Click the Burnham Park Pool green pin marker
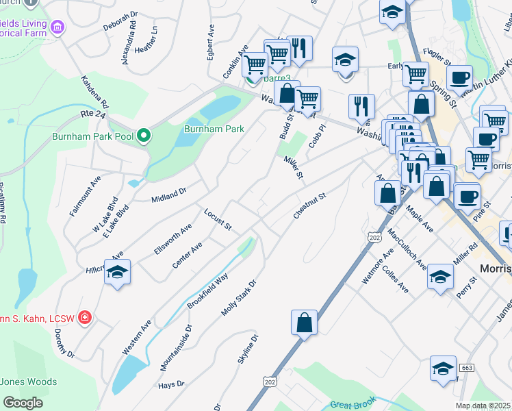143,136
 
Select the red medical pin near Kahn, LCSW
85,317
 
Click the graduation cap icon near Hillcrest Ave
118,273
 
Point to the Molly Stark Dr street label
238,297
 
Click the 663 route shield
468,368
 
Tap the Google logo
23,403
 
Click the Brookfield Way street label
207,291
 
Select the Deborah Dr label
120,24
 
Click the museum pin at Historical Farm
57,27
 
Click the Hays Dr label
171,384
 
